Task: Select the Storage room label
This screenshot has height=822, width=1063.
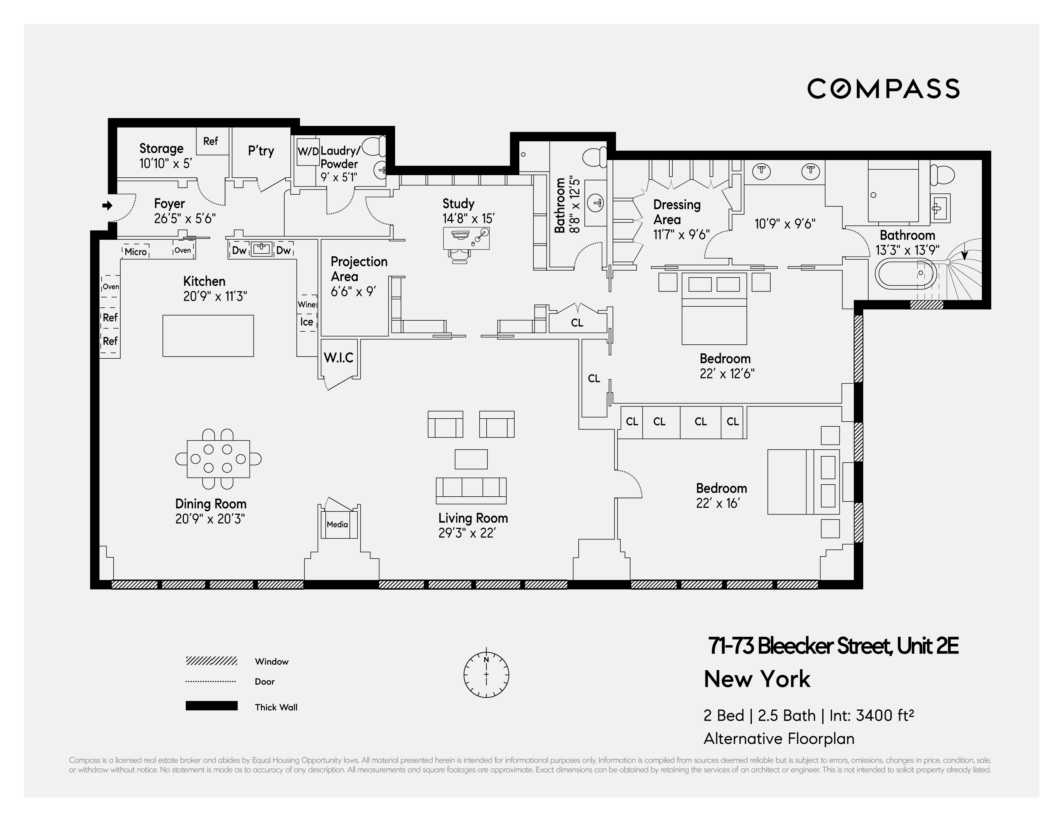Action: (x=161, y=149)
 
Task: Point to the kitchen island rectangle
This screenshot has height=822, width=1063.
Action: (x=208, y=336)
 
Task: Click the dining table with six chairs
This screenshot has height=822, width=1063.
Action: (x=218, y=459)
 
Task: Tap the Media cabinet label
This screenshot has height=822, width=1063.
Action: (x=337, y=525)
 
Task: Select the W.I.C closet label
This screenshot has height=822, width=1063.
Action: (x=339, y=358)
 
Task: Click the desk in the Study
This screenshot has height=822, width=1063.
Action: (x=466, y=238)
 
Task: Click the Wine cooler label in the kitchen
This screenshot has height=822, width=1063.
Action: (x=307, y=305)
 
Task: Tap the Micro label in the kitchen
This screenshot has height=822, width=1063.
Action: (x=135, y=252)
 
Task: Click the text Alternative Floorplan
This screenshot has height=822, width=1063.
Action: (x=779, y=739)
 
